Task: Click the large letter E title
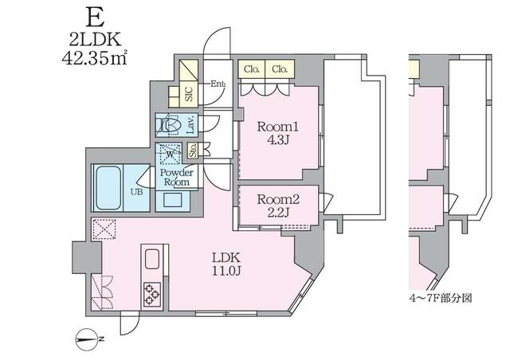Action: [x=95, y=17]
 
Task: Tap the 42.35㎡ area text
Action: [x=94, y=59]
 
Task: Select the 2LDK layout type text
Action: [x=95, y=39]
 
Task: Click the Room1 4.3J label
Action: [x=278, y=133]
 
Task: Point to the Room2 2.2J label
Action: [x=278, y=205]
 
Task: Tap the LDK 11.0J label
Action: [x=226, y=264]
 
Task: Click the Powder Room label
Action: [x=177, y=178]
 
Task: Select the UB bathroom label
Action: [x=136, y=192]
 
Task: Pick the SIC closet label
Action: [x=190, y=94]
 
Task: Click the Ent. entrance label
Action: [x=218, y=84]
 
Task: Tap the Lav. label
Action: [x=191, y=124]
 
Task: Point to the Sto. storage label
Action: [x=193, y=151]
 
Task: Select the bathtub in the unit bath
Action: [x=108, y=188]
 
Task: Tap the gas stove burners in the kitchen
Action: [x=152, y=295]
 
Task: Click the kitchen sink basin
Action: [x=152, y=259]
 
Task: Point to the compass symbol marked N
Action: [x=87, y=339]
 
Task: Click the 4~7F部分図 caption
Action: [x=441, y=298]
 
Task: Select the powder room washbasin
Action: [x=172, y=200]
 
